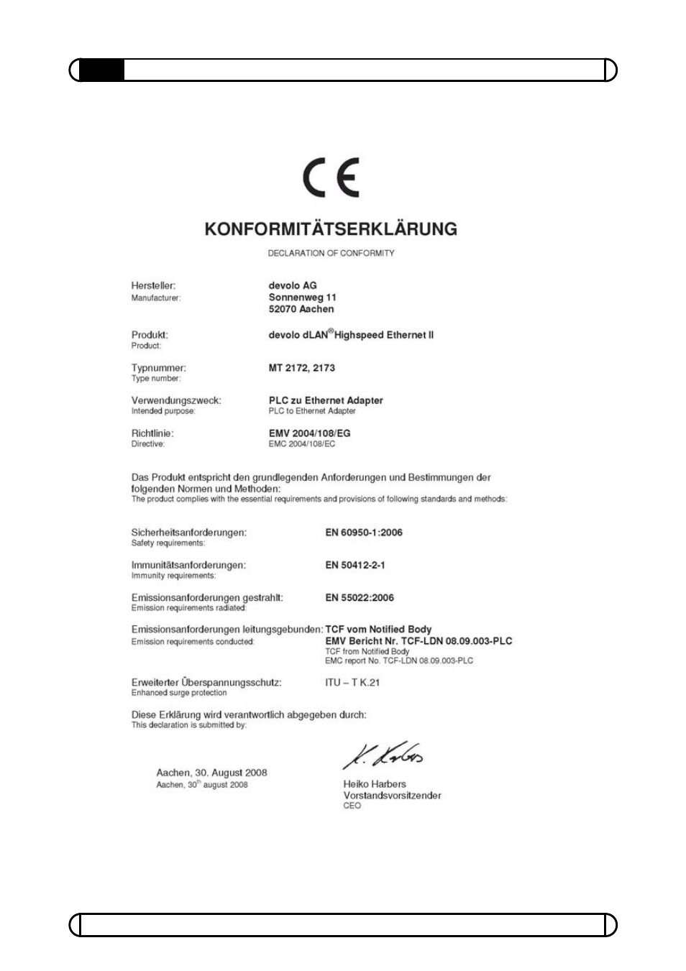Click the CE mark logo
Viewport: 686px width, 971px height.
click(x=331, y=178)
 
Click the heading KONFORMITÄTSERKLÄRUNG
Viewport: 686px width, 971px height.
click(x=331, y=229)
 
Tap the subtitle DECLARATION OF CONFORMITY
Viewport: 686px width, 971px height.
click(x=331, y=253)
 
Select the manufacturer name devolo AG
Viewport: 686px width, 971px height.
click(x=293, y=285)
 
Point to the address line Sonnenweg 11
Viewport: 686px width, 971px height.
click(x=302, y=297)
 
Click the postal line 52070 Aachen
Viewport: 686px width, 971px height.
click(x=301, y=309)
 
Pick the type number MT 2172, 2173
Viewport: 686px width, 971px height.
click(x=301, y=367)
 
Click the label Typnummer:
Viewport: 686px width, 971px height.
click(x=158, y=367)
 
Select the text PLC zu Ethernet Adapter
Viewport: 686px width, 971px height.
click(x=326, y=400)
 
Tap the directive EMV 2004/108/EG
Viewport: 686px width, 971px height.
click(x=309, y=433)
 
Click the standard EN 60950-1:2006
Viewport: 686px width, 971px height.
click(x=364, y=533)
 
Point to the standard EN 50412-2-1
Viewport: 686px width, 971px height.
click(x=355, y=565)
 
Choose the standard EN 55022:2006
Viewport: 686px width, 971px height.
click(x=360, y=597)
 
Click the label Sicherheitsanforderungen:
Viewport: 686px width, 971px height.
click(x=188, y=533)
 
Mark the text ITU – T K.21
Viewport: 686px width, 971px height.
click(x=352, y=682)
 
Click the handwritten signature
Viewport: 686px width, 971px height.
click(x=383, y=755)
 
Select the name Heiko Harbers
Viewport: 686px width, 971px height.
click(x=375, y=784)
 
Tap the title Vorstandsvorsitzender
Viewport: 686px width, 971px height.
click(x=392, y=796)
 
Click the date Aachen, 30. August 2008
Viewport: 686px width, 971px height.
click(x=211, y=773)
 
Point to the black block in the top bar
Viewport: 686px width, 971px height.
click(x=101, y=70)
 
